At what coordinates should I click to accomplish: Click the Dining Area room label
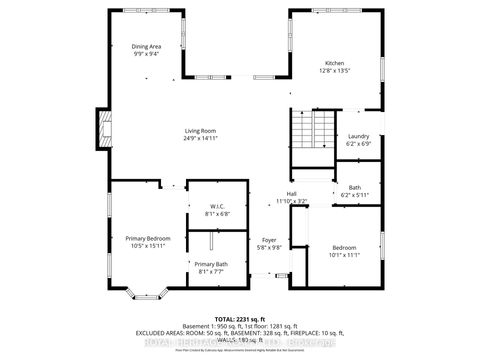coord(148,46)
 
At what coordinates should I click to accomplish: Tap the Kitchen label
coord(334,63)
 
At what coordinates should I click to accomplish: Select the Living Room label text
coord(200,131)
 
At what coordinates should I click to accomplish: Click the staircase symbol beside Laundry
coord(315,130)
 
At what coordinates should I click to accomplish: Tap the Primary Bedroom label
coord(148,238)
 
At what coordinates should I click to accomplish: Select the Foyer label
coord(269,240)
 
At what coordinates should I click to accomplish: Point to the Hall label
coord(292,194)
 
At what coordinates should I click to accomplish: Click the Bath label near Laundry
coord(355,187)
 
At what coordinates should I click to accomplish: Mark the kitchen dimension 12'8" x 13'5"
coord(334,70)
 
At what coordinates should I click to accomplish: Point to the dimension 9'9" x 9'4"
coord(148,53)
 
